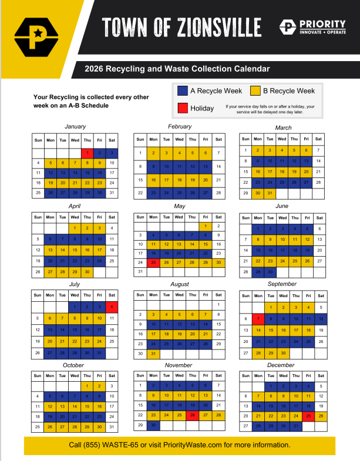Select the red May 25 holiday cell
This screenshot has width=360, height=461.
point(153,262)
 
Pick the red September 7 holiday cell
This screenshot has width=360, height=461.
point(257,318)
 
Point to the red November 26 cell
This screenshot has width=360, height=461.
point(192,415)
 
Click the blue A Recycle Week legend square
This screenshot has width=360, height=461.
point(183,91)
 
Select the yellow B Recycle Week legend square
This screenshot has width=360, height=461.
point(255,91)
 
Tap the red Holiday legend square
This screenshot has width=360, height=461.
point(183,108)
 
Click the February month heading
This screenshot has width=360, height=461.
point(179,127)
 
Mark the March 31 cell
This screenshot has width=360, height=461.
point(270,193)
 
